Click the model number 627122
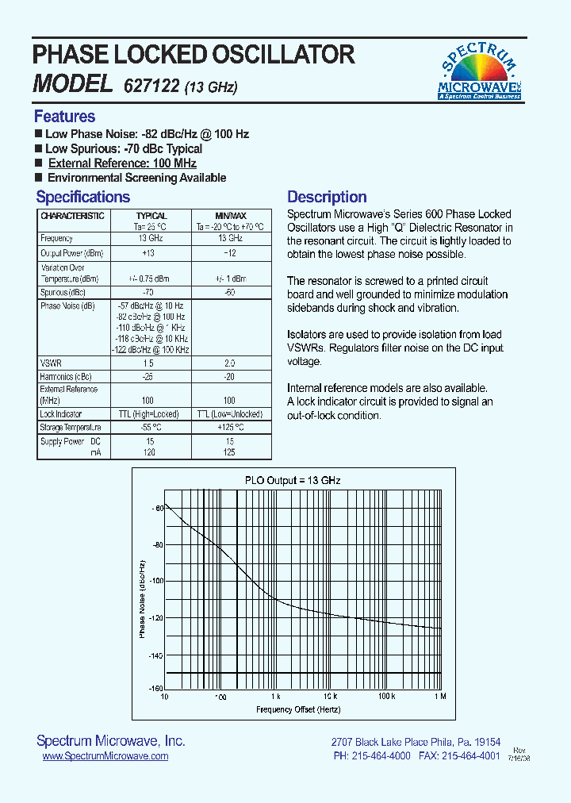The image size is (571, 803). pos(151,86)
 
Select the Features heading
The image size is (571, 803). pos(64,117)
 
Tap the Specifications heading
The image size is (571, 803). pos(82,197)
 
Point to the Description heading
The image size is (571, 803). pos(327,197)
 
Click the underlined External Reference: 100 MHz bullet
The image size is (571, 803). pos(122,163)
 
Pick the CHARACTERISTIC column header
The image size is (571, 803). pos(72,216)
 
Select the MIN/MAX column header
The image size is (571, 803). pos(231,216)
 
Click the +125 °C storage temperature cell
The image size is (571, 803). pos(230,428)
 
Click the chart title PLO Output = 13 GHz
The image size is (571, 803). pos(292,480)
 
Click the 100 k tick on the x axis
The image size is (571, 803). pos(386,696)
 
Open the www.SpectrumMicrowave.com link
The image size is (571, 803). pos(105,756)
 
